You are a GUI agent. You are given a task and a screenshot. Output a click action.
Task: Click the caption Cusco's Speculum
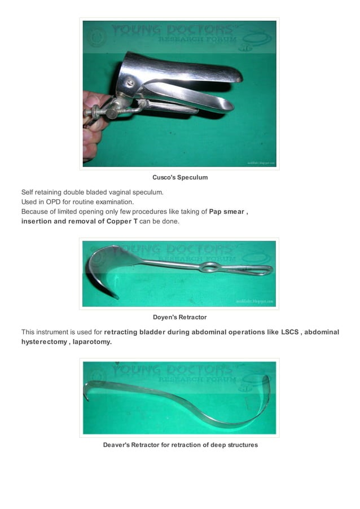click(180, 177)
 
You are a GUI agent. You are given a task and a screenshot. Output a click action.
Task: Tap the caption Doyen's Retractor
click(180, 317)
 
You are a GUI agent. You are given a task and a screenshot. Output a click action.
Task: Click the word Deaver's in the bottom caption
click(116, 445)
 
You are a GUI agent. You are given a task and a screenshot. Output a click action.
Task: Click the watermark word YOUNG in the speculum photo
click(137, 30)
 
